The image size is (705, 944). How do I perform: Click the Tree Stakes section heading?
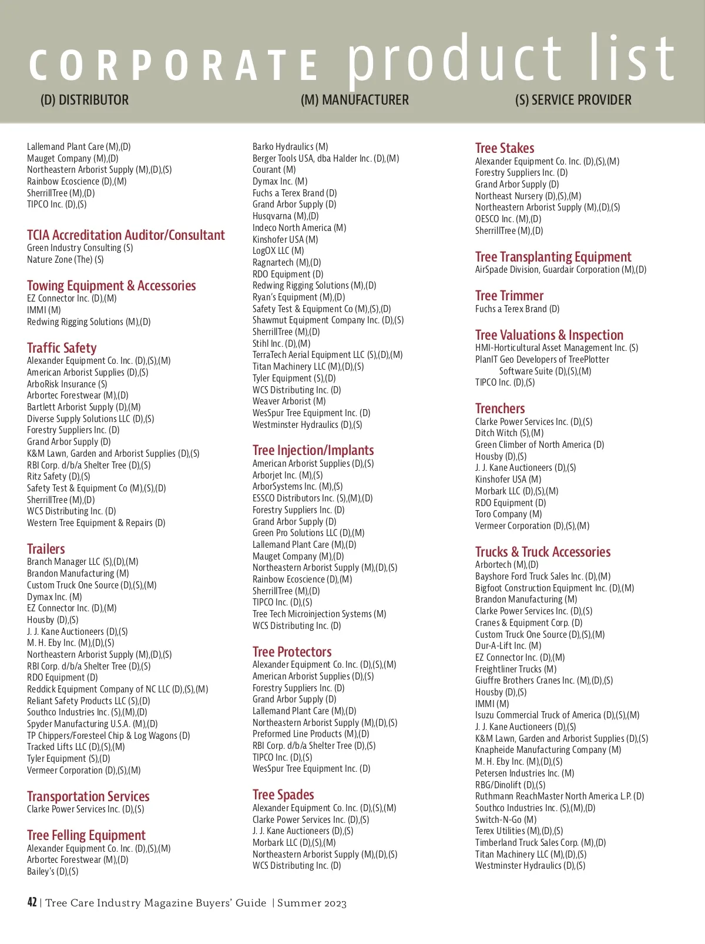tap(505, 148)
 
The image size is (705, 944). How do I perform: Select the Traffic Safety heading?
tap(62, 348)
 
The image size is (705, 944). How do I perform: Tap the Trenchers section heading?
tap(500, 409)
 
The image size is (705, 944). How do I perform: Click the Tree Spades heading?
tap(283, 795)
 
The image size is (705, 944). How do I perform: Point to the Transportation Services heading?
tap(88, 796)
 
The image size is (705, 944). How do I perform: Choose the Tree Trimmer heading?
tap(509, 296)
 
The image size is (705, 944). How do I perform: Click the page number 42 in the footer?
tap(32, 902)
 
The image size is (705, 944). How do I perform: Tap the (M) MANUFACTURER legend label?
tap(354, 100)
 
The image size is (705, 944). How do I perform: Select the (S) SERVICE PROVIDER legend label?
tap(573, 100)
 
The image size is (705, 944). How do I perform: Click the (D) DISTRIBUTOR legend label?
tap(85, 100)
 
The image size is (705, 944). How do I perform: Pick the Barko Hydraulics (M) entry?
tap(290, 146)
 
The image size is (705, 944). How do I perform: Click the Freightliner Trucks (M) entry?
tap(516, 669)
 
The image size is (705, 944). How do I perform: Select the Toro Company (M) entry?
tap(508, 514)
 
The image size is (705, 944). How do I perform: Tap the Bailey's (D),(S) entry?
tap(52, 871)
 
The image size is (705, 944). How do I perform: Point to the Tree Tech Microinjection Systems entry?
tap(319, 614)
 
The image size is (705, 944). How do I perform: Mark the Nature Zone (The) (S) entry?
tap(65, 259)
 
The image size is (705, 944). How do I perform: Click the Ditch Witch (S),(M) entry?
tap(509, 433)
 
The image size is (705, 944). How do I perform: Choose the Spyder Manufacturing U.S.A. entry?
tap(92, 724)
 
